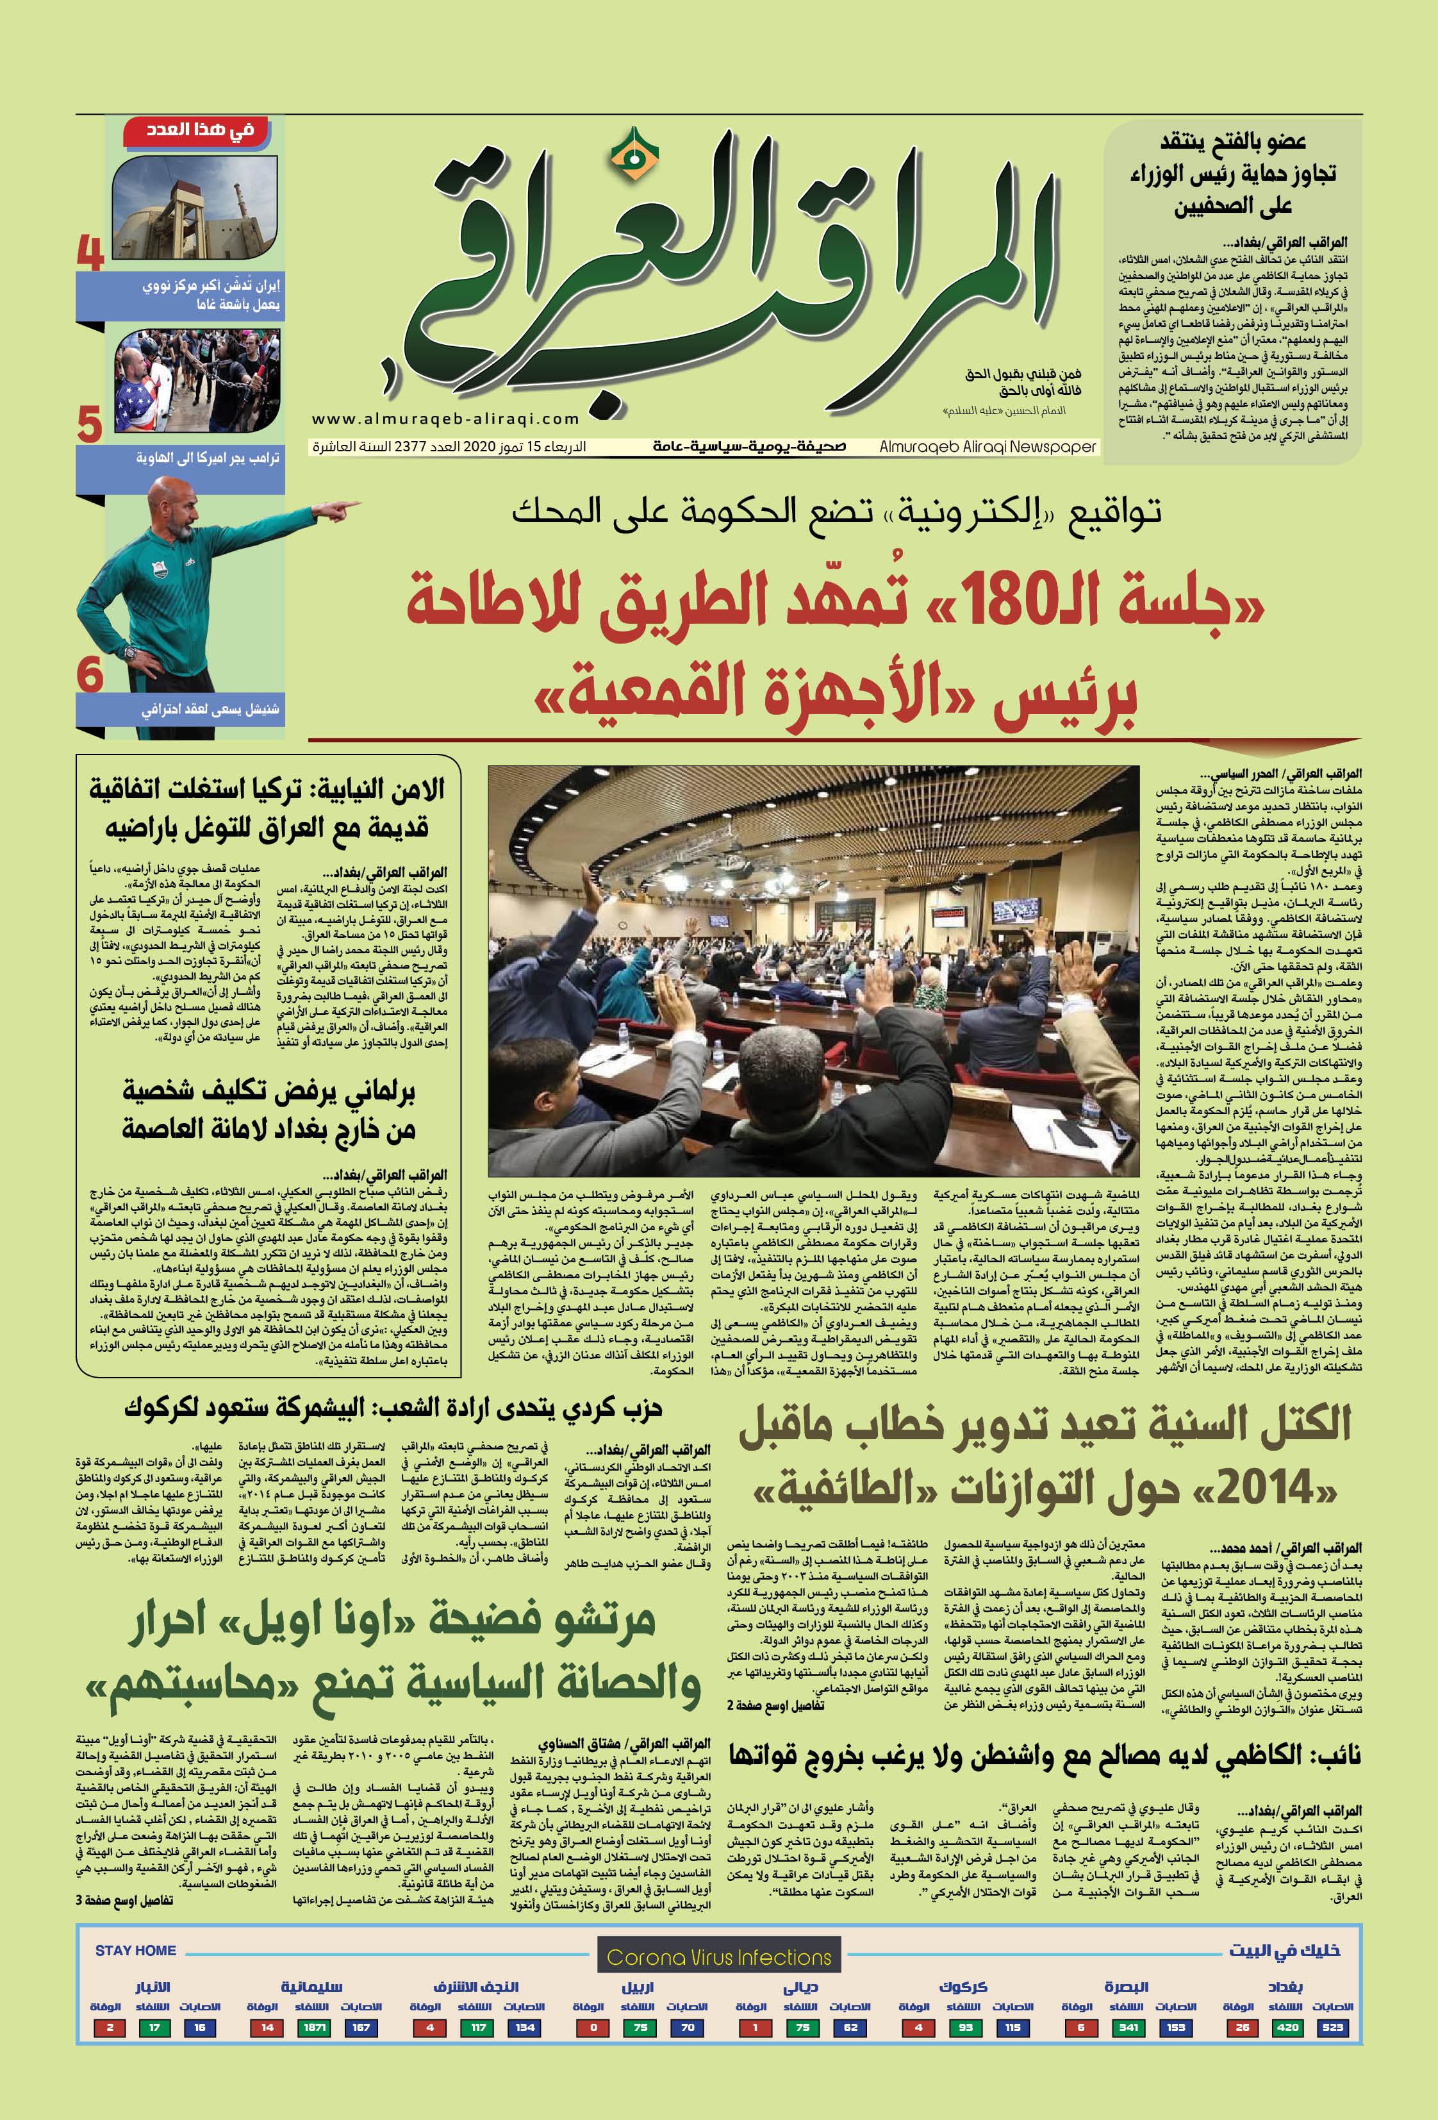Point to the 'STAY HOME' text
point(135,1950)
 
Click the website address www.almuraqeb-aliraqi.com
point(446,419)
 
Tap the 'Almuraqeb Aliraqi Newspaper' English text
point(988,447)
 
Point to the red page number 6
point(90,675)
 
